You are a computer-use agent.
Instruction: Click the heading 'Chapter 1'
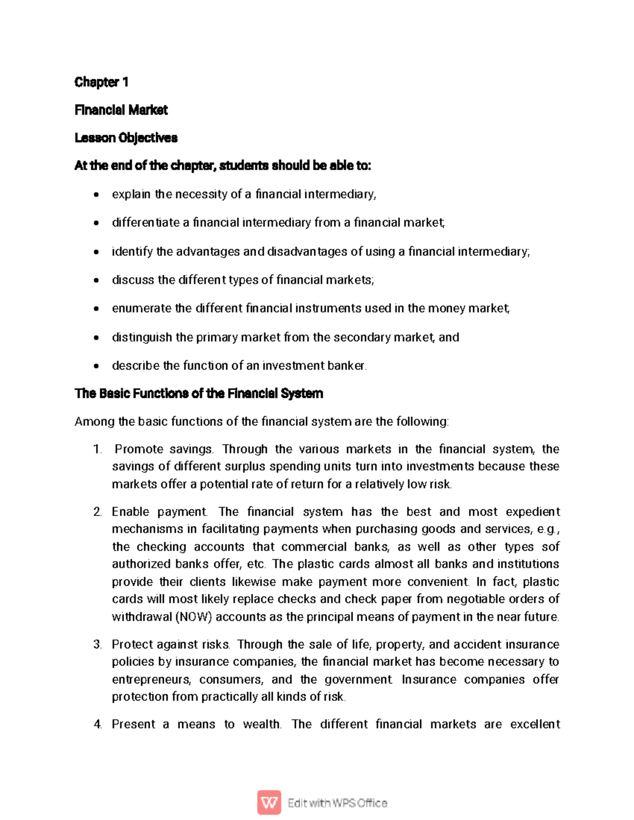[101, 82]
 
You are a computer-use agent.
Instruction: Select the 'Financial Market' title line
[121, 110]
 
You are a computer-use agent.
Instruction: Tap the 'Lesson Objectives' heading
[126, 138]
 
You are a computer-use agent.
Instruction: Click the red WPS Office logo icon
[269, 803]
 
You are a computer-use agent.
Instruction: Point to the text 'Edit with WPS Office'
[337, 803]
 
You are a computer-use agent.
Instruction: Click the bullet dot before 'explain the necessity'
[96, 195]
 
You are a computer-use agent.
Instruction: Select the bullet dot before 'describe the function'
[96, 366]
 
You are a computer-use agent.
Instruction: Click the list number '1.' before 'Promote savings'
[97, 449]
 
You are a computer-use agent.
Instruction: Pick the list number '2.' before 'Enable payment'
[97, 512]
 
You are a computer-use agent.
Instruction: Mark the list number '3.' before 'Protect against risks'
[97, 645]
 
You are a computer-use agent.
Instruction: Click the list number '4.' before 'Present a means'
[97, 724]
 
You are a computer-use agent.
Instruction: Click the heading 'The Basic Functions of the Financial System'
[199, 393]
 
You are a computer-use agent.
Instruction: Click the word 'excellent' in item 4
[535, 724]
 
